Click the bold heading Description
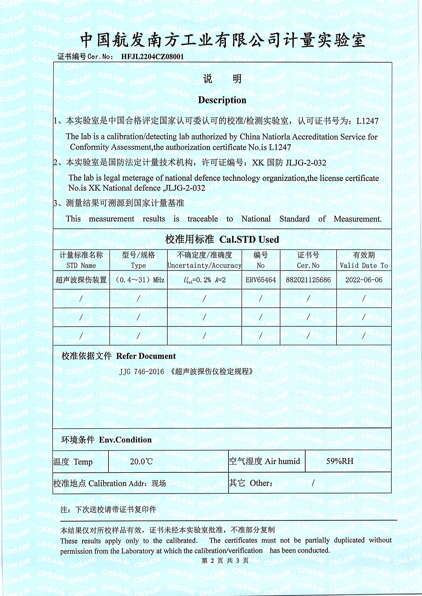[222, 100]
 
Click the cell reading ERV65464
[261, 280]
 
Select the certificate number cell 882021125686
[308, 280]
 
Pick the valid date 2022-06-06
[364, 280]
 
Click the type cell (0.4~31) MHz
[138, 280]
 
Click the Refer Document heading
[146, 356]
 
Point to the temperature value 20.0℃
[141, 461]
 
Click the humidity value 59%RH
[340, 461]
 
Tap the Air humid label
[282, 461]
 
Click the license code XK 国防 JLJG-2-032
[289, 163]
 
